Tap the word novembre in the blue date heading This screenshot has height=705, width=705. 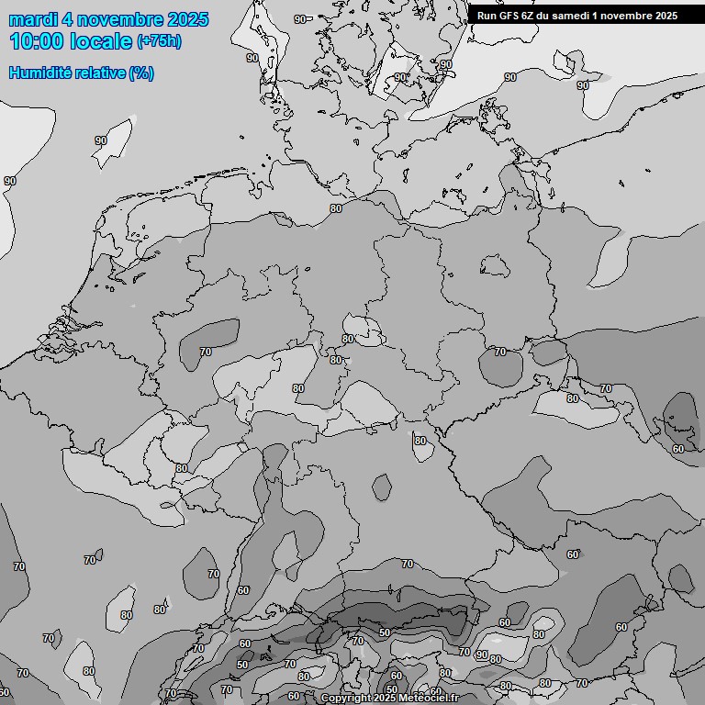tap(118, 19)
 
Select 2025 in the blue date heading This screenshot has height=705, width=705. tap(186, 19)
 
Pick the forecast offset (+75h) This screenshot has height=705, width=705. tap(160, 42)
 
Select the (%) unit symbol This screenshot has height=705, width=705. tap(141, 73)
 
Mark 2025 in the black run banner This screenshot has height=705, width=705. tap(666, 16)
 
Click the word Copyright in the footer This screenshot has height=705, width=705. tap(346, 699)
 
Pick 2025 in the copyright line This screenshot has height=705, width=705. tap(386, 699)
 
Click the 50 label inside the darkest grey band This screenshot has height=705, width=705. tap(385, 632)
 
